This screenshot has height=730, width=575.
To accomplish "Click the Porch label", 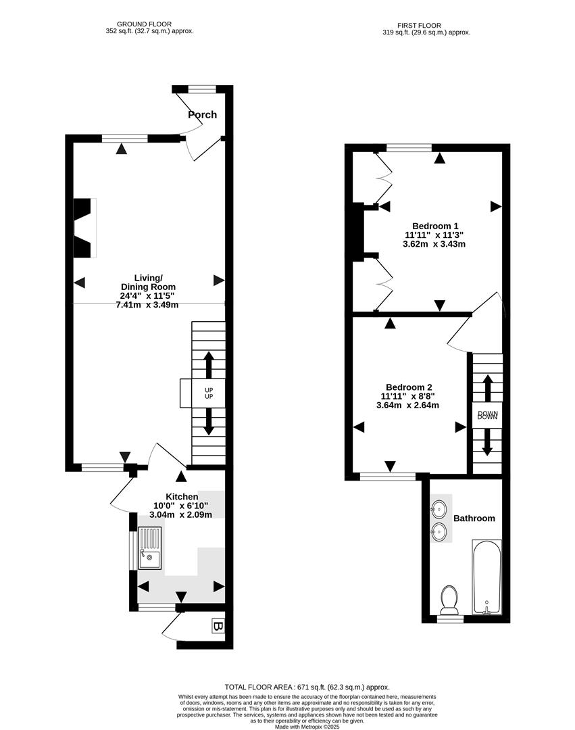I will [x=203, y=115].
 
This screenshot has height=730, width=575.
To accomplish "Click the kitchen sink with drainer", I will [x=149, y=549].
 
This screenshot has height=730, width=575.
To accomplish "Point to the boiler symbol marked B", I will [x=218, y=627].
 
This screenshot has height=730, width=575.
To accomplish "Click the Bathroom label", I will [x=474, y=518].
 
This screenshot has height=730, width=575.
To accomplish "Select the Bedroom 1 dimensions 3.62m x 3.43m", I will [x=435, y=244].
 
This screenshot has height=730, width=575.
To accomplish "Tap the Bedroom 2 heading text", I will [x=405, y=387].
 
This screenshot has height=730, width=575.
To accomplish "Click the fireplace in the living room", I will [x=84, y=228].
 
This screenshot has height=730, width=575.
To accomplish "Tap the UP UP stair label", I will [x=209, y=393].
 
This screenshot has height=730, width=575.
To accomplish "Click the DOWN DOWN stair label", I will [x=487, y=416].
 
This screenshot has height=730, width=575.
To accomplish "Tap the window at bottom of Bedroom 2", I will [x=388, y=477].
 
